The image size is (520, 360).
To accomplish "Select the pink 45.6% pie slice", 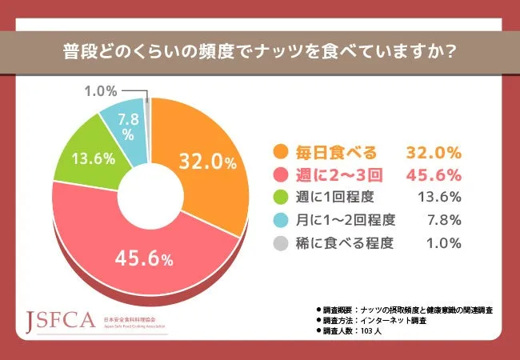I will [144, 256].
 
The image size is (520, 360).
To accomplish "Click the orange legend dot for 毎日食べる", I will [280, 152].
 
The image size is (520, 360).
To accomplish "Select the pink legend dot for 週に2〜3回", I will [280, 174].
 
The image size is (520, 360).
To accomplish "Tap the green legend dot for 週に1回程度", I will [280, 198].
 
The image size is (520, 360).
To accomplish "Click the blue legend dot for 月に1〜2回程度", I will [280, 220].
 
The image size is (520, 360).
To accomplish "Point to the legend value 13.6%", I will [440, 198].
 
